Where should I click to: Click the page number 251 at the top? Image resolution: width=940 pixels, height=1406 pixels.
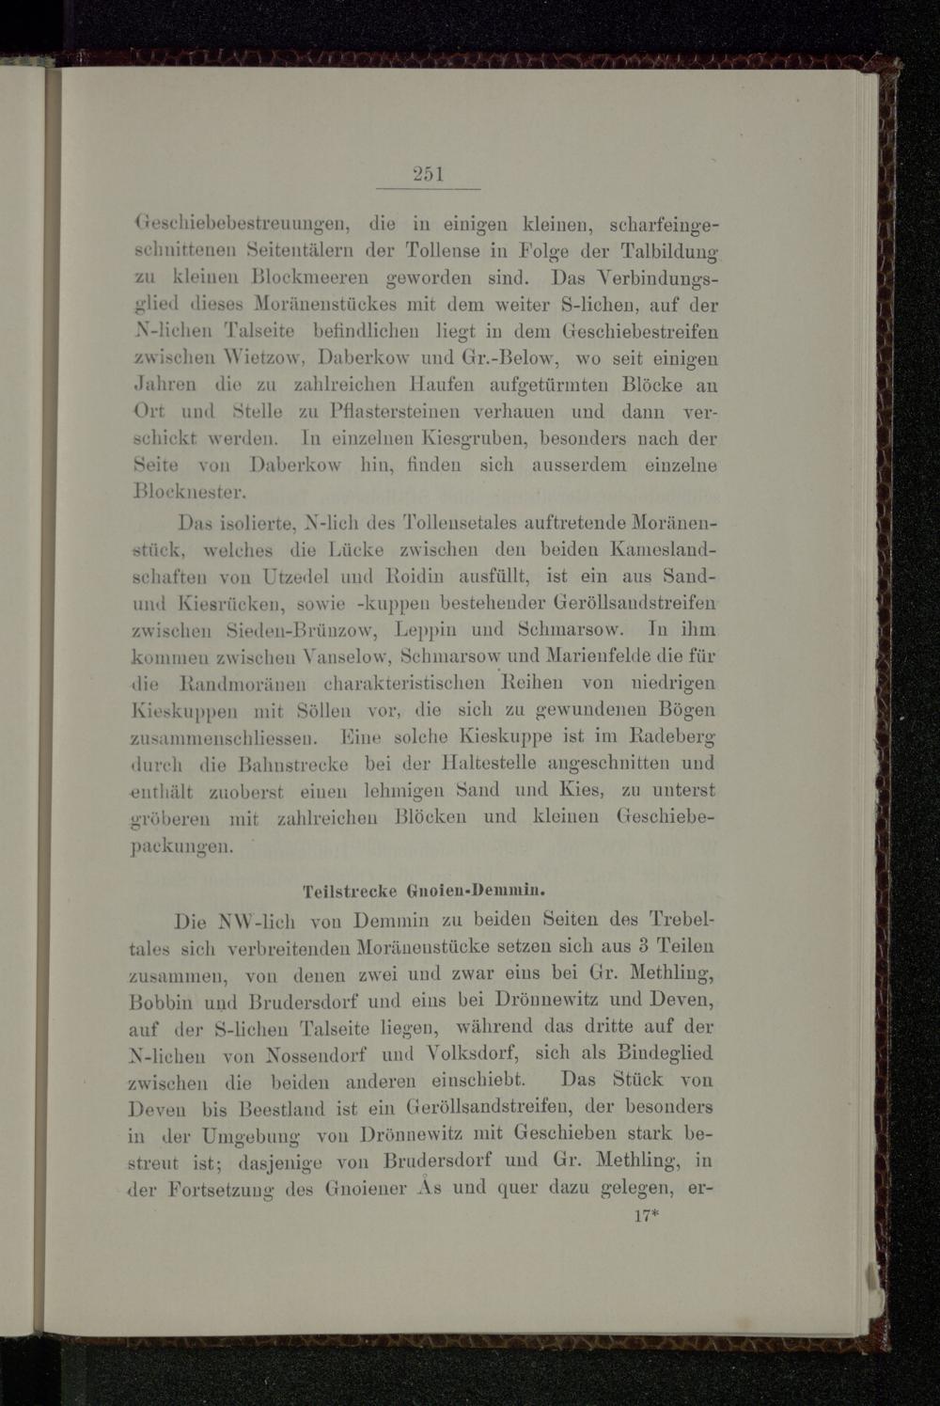point(427,174)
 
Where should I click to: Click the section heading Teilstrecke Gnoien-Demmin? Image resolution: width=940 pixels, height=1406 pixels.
point(425,889)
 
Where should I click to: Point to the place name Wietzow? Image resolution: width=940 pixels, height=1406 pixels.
point(259,358)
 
